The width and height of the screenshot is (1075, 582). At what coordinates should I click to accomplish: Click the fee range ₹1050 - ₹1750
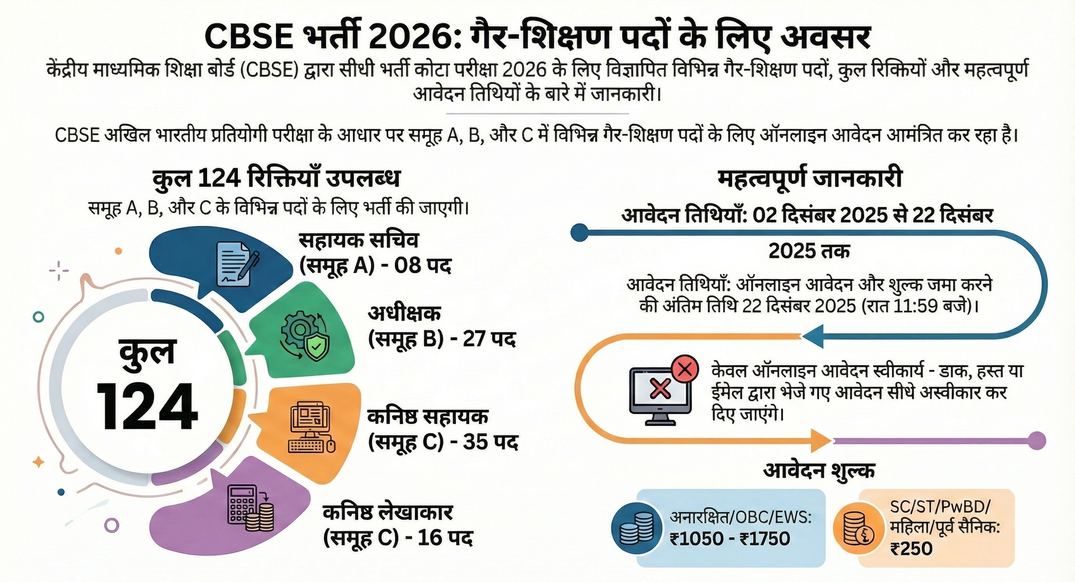coord(729,539)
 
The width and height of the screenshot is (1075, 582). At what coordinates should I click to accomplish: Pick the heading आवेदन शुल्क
coord(819,470)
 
